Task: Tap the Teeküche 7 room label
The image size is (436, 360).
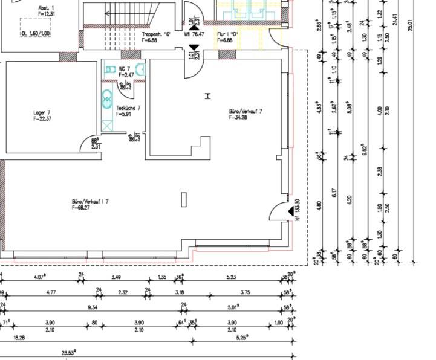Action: pos(128,110)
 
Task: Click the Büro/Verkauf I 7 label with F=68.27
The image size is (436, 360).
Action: pos(89,204)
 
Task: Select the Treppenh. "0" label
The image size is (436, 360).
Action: pos(157,37)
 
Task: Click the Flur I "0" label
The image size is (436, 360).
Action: pos(227,37)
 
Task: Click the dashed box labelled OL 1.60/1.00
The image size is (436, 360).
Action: pos(35,27)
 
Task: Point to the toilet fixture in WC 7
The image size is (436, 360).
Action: pos(110,70)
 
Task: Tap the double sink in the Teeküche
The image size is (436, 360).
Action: pos(107,98)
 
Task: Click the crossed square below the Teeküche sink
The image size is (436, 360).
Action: pos(107,125)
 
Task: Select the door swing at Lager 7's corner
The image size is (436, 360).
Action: pos(89,143)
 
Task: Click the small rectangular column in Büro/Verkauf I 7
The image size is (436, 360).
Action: pos(184,199)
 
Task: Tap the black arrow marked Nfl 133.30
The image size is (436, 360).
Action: pos(291,211)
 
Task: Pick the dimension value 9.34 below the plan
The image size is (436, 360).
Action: pos(93,307)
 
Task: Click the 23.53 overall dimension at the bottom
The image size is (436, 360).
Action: pos(68,353)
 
